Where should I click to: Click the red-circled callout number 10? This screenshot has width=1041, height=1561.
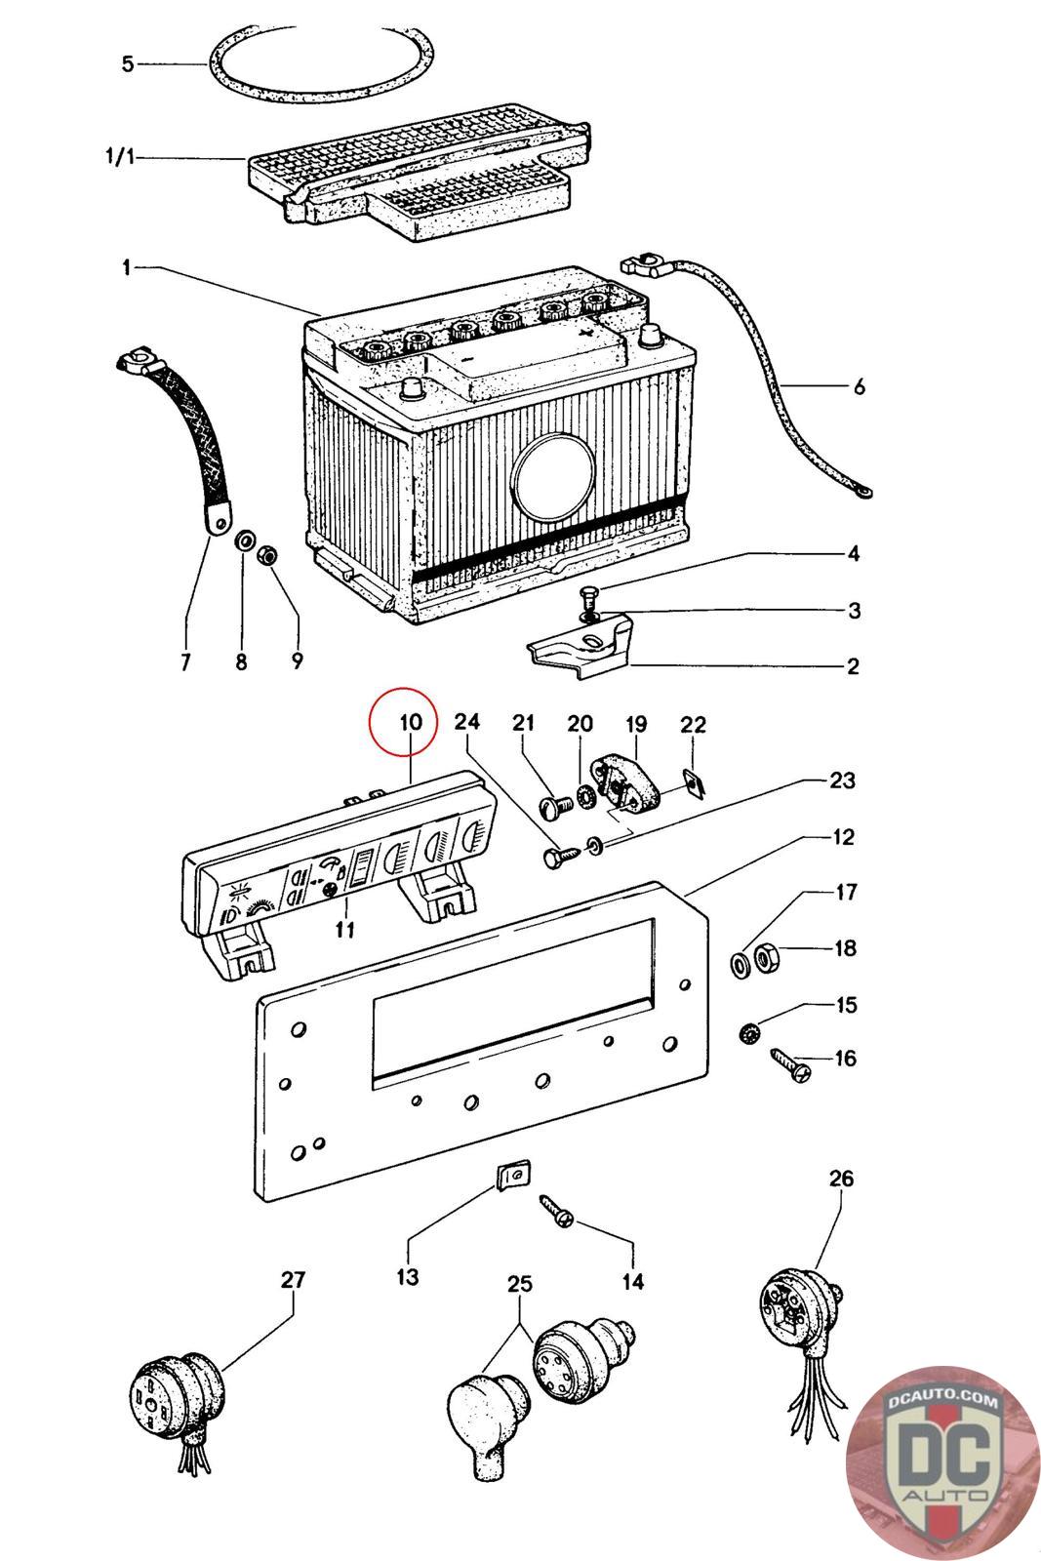click(x=410, y=723)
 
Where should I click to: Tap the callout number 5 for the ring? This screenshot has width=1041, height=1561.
click(x=128, y=64)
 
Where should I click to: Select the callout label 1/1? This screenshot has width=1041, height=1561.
click(x=120, y=157)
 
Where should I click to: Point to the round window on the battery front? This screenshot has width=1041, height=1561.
click(x=551, y=475)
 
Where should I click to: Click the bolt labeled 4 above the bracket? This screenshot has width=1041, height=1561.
click(x=591, y=595)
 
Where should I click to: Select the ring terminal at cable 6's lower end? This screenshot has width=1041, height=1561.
click(x=862, y=494)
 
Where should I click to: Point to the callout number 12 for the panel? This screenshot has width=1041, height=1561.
click(x=843, y=837)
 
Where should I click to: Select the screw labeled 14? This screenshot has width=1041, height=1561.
click(x=556, y=1214)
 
